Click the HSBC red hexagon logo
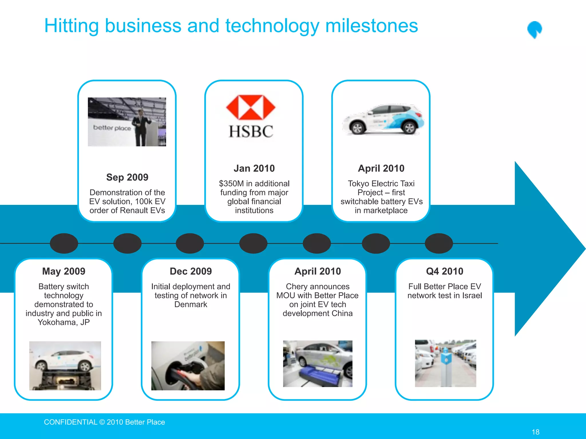click(x=251, y=107)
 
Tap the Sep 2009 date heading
click(x=127, y=177)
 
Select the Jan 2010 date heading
click(x=254, y=168)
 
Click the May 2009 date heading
click(x=64, y=271)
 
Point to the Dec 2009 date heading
click(x=191, y=271)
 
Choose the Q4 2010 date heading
click(x=444, y=271)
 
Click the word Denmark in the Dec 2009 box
click(x=191, y=304)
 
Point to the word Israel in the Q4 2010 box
click(x=472, y=296)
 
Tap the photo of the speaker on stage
click(x=127, y=122)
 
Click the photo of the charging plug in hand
click(x=188, y=366)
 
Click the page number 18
click(x=535, y=432)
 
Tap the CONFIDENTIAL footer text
click(x=70, y=422)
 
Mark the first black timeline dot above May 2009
click(x=64, y=243)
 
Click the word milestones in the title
click(x=371, y=26)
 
